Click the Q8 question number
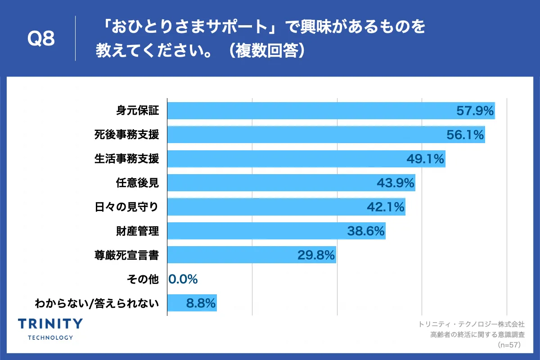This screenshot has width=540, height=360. pos(41,39)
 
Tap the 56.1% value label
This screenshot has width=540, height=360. pos(464,135)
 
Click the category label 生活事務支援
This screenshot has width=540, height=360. pos(126,159)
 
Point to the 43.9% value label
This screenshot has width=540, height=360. pos(395,183)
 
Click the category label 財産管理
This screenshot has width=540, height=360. pos(137,231)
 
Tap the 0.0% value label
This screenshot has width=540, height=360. pos(183,279)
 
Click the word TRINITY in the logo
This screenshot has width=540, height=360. pos(50,324)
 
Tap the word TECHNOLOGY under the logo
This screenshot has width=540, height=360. pos(50,337)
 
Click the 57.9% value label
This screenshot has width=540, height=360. pos(475,111)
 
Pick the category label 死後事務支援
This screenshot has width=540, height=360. pos(126,135)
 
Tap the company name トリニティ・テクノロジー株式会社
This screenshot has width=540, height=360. pos(471,324)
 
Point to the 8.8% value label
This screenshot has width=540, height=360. pos(201,303)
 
